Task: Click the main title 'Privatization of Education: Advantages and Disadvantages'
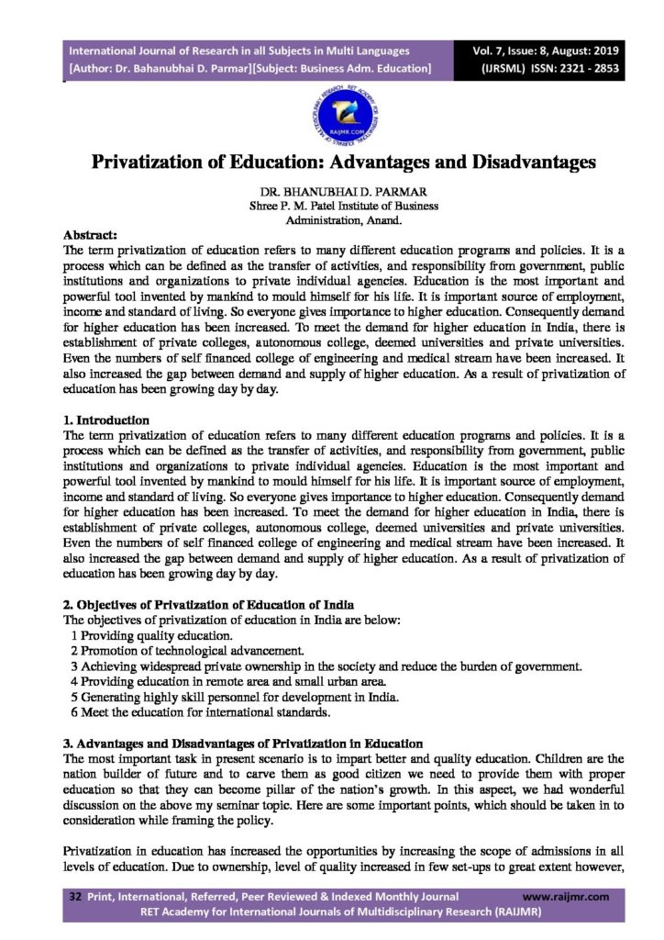pos(331,162)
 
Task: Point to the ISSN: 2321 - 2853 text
pos(578,68)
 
